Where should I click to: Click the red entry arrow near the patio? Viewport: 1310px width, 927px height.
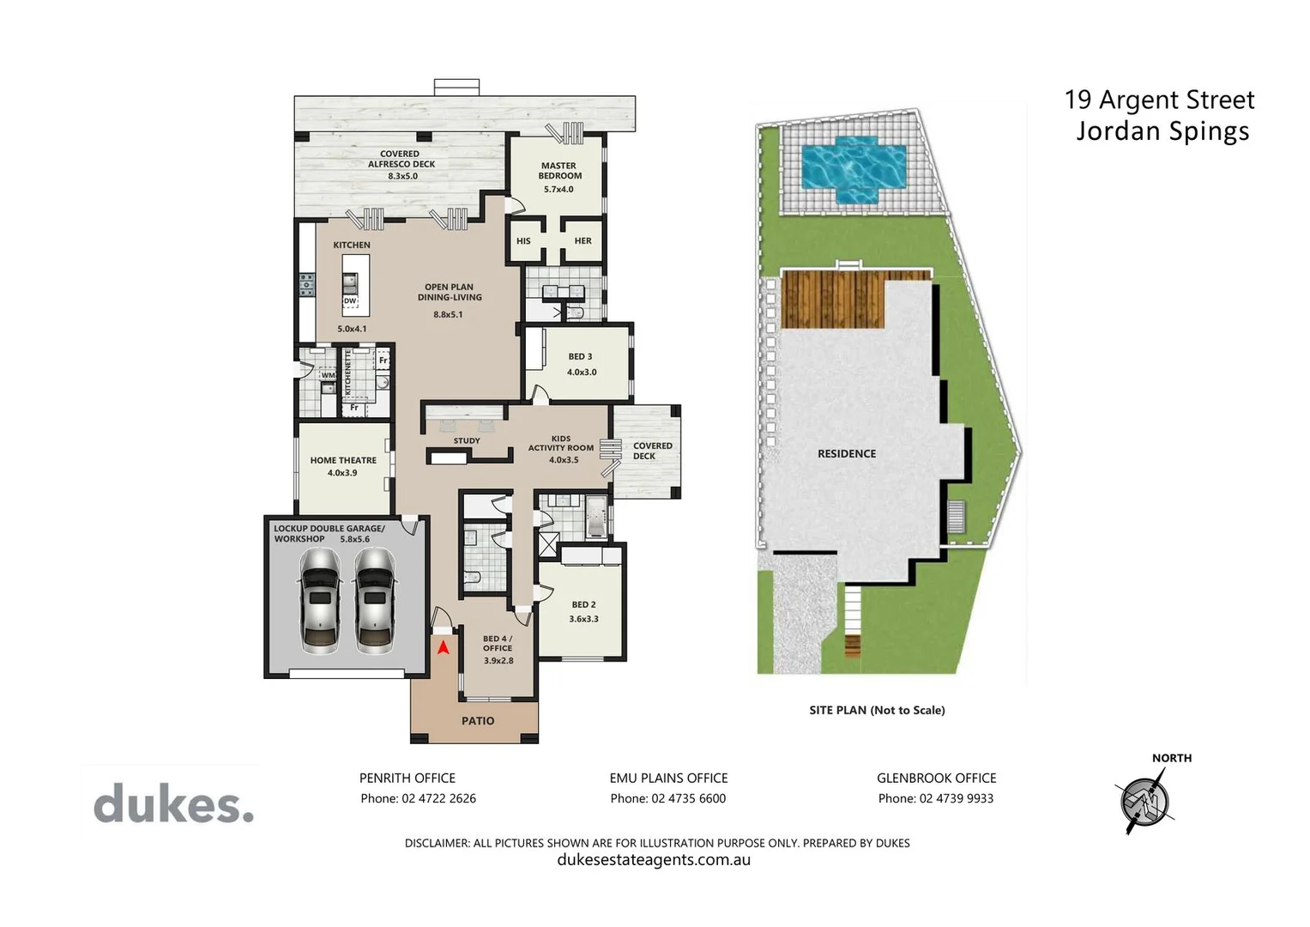tap(443, 647)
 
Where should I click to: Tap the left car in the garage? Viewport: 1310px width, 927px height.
tap(320, 601)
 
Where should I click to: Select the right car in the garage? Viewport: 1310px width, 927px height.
tap(374, 601)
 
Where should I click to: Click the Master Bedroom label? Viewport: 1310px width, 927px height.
tap(558, 171)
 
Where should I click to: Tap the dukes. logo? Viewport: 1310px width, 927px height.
tap(174, 805)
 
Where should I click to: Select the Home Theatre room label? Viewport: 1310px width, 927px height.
tap(343, 461)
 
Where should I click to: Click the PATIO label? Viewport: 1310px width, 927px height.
tap(478, 721)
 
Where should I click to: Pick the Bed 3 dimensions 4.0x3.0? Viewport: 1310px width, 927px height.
tap(582, 373)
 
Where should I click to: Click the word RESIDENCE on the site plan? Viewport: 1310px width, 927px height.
tap(847, 454)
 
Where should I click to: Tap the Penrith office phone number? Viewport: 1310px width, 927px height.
tap(418, 798)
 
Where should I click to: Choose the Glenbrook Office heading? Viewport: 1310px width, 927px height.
tap(936, 779)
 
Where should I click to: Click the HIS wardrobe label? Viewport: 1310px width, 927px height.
tap(523, 241)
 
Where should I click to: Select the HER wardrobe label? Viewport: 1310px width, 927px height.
tap(583, 241)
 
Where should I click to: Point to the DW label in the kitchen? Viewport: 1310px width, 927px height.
tap(350, 301)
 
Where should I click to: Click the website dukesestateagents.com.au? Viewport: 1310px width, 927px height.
tap(654, 860)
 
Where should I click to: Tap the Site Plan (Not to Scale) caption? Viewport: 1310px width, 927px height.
tap(877, 710)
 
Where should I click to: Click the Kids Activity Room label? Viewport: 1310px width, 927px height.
tap(561, 443)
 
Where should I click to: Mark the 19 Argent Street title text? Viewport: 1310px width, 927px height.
tap(1159, 100)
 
